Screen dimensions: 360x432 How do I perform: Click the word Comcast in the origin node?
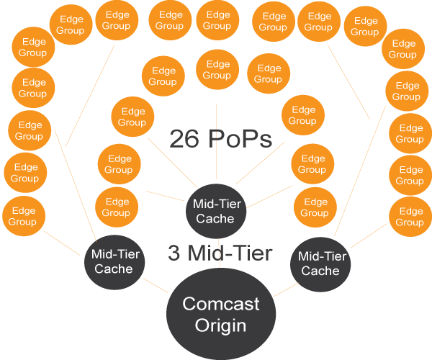click(221, 304)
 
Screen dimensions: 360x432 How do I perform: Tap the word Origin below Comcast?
click(221, 325)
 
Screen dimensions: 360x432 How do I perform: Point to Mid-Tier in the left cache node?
click(114, 255)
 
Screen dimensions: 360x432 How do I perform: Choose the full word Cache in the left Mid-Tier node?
click(114, 269)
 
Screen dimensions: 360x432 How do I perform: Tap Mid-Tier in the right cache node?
click(320, 257)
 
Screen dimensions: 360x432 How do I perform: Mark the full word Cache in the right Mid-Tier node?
click(320, 271)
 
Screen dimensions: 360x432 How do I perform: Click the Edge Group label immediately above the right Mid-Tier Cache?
click(315, 208)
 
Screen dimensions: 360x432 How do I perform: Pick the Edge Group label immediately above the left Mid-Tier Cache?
click(116, 207)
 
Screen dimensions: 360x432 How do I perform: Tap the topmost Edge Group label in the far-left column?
click(32, 48)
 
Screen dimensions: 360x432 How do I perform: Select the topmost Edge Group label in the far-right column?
click(402, 49)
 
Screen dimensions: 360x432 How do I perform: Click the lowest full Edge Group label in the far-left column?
click(22, 217)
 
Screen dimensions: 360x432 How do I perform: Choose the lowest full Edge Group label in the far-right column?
click(410, 217)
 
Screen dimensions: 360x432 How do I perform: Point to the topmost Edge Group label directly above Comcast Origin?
click(217, 20)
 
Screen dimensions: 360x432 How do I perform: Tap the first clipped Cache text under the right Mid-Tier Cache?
click(320, 291)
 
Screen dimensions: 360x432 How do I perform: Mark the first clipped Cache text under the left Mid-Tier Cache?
click(114, 289)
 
